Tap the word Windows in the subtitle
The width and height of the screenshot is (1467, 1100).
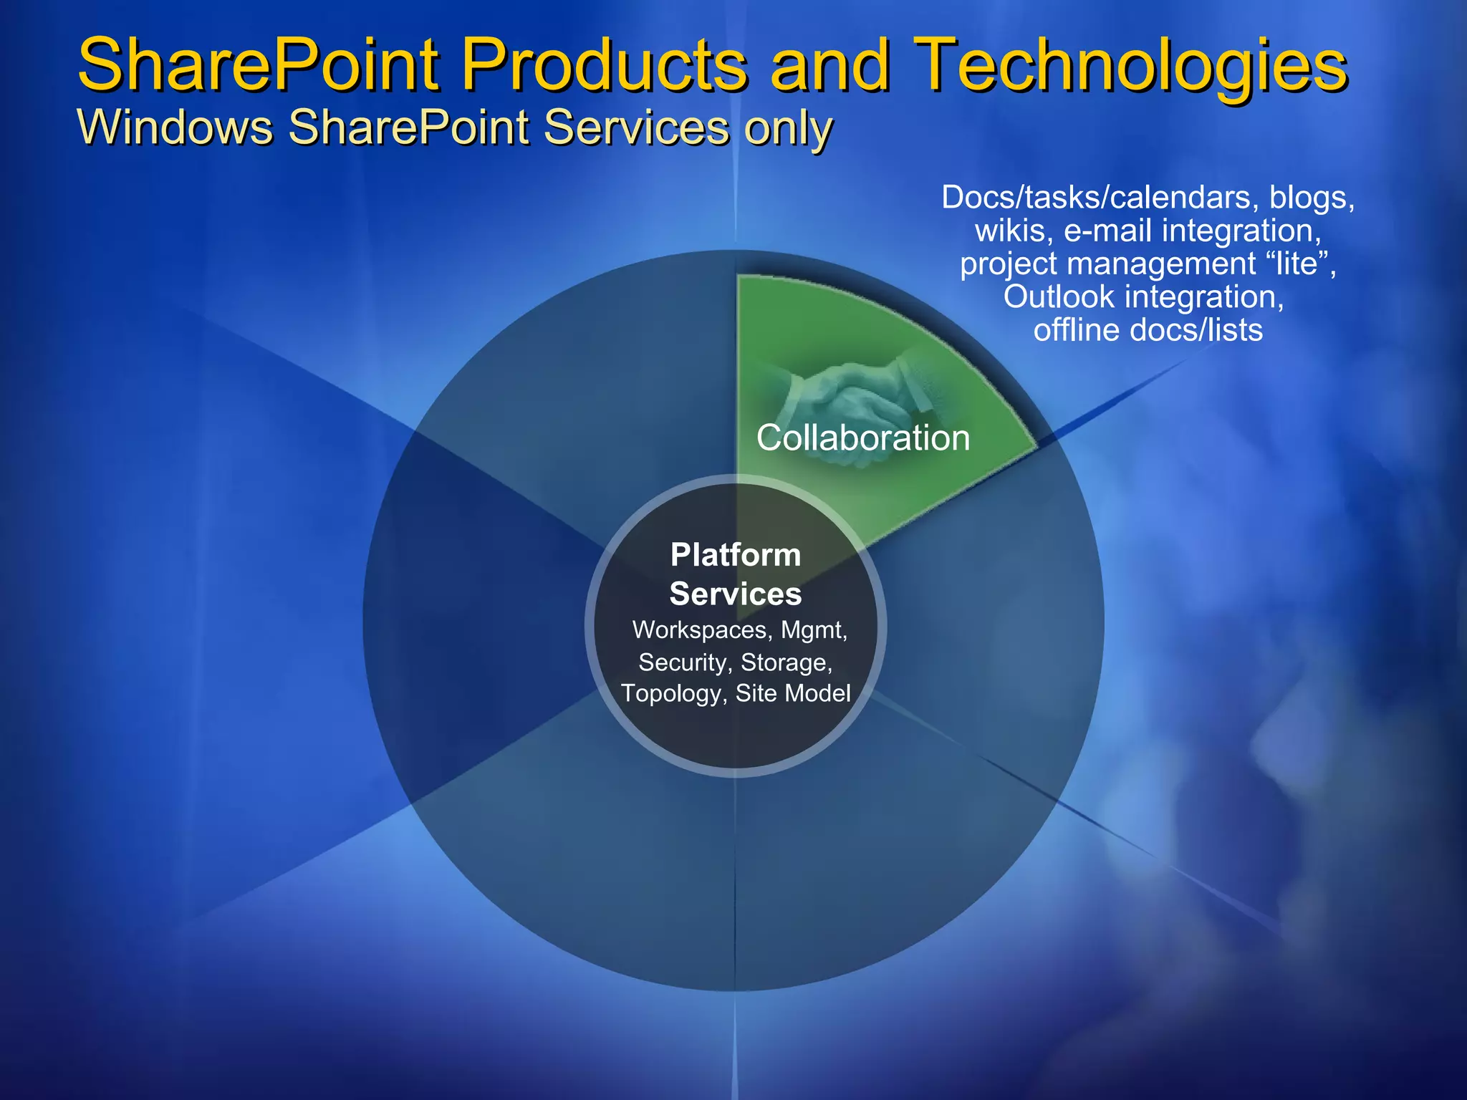tap(175, 127)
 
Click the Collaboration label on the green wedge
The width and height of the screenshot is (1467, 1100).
tap(862, 438)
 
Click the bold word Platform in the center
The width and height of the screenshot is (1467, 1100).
tap(736, 555)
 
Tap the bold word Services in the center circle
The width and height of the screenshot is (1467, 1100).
tap(736, 594)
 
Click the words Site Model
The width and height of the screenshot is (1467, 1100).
tap(793, 693)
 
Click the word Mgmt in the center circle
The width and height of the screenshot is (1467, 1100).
tap(813, 630)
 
